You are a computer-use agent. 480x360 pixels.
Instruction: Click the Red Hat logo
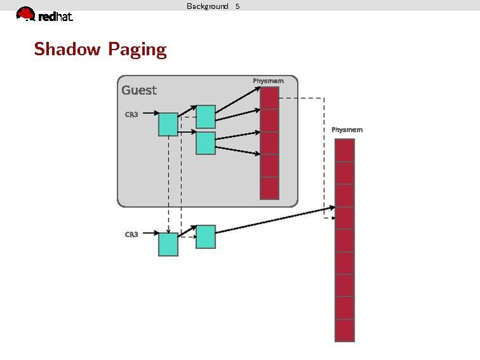[44, 15]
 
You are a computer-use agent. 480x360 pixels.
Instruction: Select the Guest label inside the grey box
[139, 90]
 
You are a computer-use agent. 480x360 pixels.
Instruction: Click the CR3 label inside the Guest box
[132, 114]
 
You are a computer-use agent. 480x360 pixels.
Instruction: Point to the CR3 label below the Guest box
[132, 234]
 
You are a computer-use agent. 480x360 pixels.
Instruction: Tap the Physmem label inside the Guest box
[268, 81]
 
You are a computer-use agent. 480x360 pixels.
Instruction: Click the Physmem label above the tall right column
[347, 130]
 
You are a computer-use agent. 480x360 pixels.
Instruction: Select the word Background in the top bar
[207, 6]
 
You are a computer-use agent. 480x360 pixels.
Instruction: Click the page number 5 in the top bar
[237, 6]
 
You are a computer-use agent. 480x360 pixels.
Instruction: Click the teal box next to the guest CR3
[168, 124]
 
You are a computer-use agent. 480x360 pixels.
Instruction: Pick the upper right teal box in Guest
[205, 117]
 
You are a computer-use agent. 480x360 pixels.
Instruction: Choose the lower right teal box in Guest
[205, 143]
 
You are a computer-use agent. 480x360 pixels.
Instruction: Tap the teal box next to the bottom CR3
[168, 244]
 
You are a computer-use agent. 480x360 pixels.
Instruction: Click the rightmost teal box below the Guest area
[205, 237]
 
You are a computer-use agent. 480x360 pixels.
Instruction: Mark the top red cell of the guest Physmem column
[270, 98]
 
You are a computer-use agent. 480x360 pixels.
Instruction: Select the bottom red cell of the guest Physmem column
[270, 188]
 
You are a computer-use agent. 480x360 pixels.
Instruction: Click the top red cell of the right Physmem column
[344, 150]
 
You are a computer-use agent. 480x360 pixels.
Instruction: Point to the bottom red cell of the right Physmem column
[344, 331]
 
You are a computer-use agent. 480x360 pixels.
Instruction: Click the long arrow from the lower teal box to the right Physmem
[273, 220]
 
